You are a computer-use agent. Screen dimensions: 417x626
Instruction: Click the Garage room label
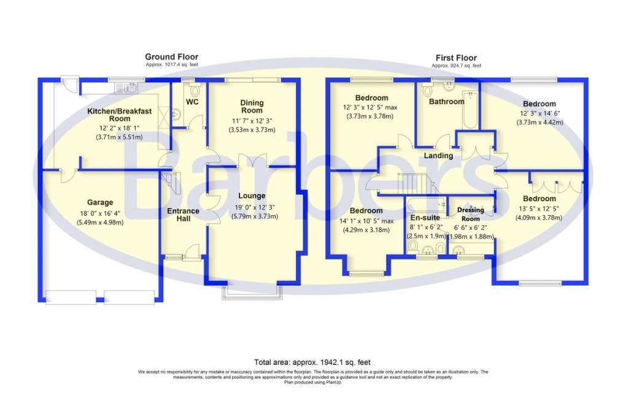[x=99, y=202]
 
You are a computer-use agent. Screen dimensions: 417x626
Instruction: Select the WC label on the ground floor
[x=191, y=101]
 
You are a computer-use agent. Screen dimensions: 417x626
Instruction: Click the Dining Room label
[x=252, y=107]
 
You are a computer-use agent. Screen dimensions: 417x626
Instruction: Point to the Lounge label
[x=252, y=196]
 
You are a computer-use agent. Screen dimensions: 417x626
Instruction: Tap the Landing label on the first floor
[x=438, y=156]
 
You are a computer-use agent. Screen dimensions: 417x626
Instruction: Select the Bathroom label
[x=446, y=101]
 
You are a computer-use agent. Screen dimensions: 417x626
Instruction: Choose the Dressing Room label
[x=471, y=214]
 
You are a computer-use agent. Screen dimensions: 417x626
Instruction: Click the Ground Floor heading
[x=171, y=57]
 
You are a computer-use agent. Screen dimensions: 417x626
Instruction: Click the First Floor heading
[x=456, y=57]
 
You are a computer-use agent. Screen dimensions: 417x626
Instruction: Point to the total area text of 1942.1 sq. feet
[x=312, y=362]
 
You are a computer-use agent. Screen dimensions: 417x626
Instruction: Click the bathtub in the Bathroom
[x=470, y=110]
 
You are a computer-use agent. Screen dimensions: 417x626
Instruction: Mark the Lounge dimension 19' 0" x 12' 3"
[x=252, y=206]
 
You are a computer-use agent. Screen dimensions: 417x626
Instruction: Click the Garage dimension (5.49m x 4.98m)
[x=99, y=222]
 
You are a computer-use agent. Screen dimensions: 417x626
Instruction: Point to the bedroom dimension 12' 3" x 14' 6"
[x=539, y=113]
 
